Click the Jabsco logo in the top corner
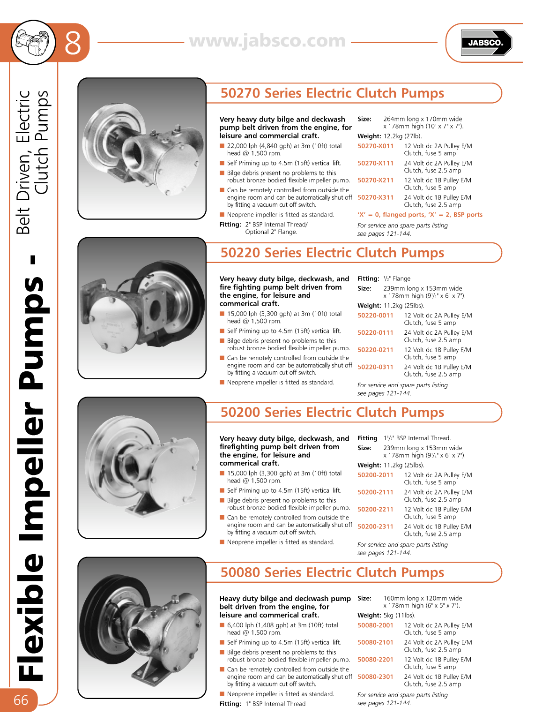486,43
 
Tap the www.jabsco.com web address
267,41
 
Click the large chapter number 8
73,43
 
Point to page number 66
21,700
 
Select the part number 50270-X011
375,146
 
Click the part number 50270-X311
375,198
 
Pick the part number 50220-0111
375,333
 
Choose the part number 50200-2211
375,510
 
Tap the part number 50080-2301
375,677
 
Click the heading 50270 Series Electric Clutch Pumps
332,93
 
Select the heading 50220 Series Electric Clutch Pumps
332,253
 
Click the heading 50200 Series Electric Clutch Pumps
332,413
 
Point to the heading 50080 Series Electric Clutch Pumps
332,573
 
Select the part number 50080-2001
375,625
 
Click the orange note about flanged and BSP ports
420,215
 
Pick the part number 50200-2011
375,475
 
